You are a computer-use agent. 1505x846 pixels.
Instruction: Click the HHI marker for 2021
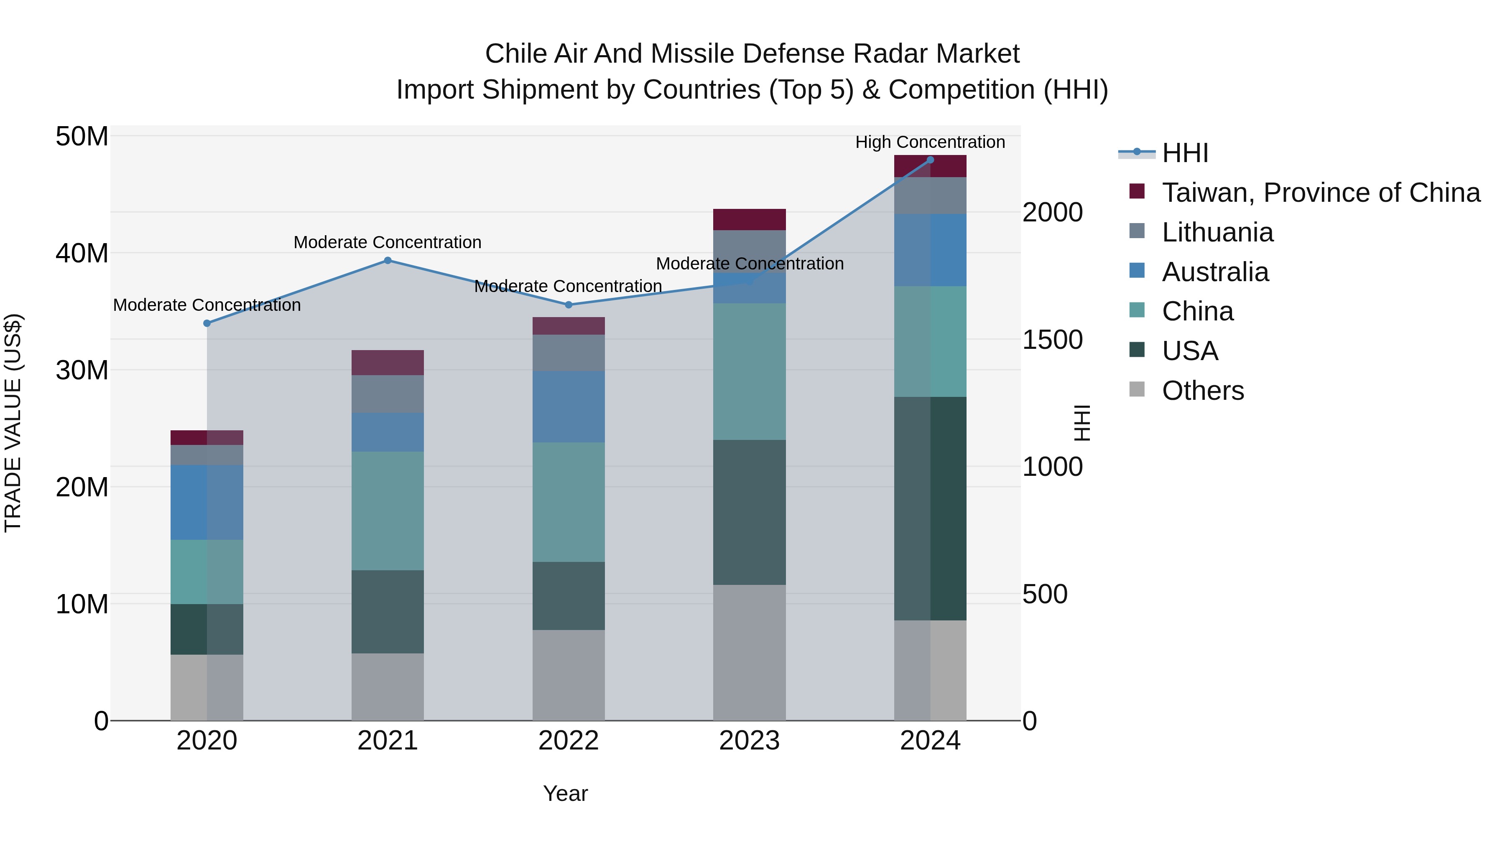(388, 260)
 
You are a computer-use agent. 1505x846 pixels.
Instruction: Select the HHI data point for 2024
(930, 160)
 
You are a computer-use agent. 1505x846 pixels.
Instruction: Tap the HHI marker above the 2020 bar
(207, 323)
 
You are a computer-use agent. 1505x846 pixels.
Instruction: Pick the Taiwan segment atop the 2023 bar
(749, 219)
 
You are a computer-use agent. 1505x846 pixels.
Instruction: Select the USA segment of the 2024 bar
(930, 508)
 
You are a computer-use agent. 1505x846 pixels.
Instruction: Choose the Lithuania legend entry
(1217, 232)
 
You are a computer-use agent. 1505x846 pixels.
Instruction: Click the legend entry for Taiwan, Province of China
(1320, 193)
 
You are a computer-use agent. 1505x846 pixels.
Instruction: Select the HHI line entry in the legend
(1184, 153)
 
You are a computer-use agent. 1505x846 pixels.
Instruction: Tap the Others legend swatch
(1137, 389)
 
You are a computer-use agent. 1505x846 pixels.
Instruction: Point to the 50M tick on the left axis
(82, 137)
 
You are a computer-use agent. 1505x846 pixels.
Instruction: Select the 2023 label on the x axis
(749, 741)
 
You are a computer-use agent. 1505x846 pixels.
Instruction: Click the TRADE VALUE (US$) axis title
(13, 423)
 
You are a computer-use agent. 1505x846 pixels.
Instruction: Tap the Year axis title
(565, 793)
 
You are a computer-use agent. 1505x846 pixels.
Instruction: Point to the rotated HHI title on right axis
(1082, 423)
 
